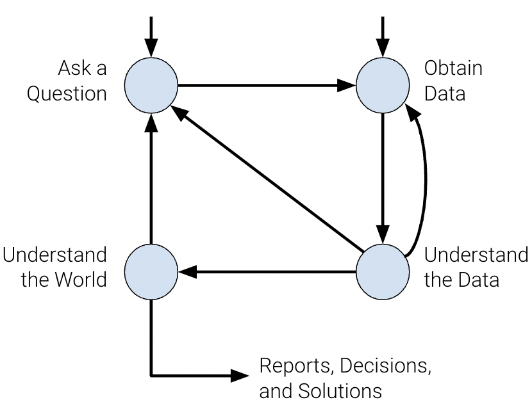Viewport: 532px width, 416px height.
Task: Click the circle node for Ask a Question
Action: click(151, 84)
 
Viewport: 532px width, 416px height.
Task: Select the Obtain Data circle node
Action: click(383, 84)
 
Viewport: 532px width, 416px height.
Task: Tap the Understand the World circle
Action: click(151, 272)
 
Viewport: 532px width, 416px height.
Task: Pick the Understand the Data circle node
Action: click(383, 272)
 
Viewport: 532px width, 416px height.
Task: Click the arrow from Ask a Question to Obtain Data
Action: click(266, 84)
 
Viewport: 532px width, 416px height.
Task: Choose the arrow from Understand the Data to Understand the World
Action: click(266, 272)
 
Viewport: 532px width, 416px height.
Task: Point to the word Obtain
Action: click(453, 68)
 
